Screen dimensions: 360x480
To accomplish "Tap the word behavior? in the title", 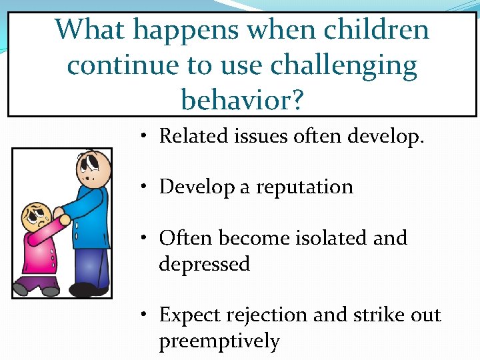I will tap(242, 100).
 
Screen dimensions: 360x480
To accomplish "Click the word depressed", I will tap(204, 264).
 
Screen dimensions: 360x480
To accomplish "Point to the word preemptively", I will tap(219, 341).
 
